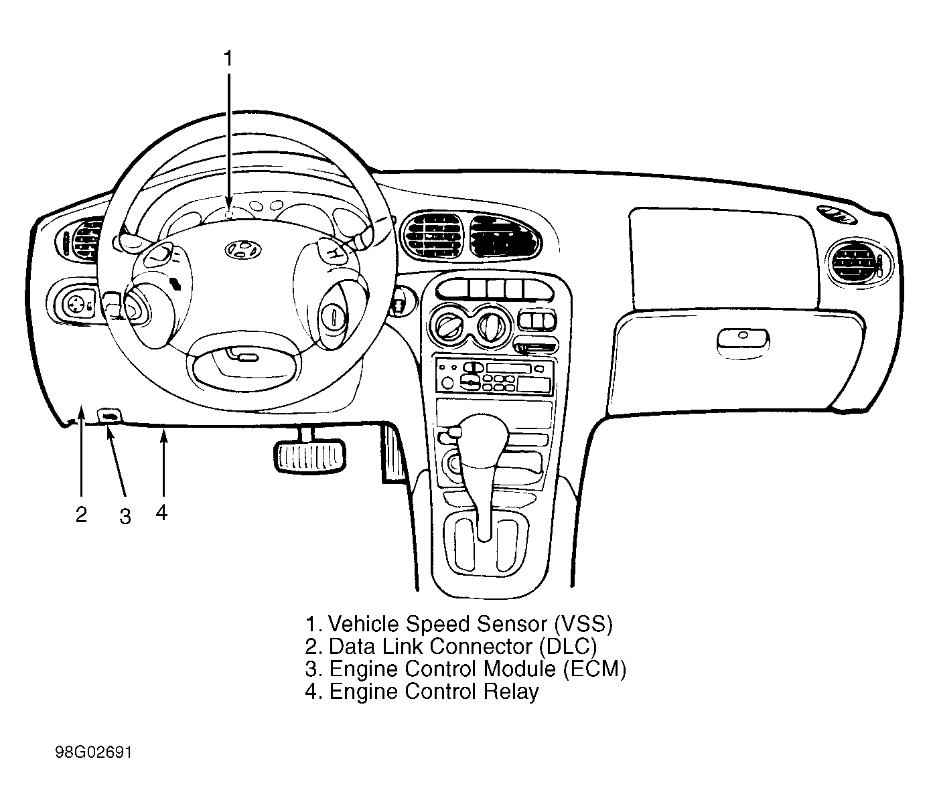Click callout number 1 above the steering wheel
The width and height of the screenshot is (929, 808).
pyautogui.click(x=228, y=58)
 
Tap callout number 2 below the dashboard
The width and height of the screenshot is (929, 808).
pyautogui.click(x=81, y=515)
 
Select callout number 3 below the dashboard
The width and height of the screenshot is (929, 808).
pyautogui.click(x=125, y=516)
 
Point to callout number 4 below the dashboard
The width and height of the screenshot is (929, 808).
pyautogui.click(x=161, y=512)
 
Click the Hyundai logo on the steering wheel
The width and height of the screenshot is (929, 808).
pyautogui.click(x=243, y=249)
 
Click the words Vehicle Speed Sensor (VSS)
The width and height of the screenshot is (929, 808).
pyautogui.click(x=470, y=624)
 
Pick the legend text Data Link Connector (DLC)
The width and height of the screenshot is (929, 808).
pyautogui.click(x=462, y=647)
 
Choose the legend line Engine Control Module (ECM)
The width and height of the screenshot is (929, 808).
pyautogui.click(x=478, y=669)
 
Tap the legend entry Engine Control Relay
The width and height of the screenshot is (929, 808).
pyautogui.click(x=434, y=692)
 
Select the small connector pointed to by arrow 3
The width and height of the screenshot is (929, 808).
pyautogui.click(x=110, y=416)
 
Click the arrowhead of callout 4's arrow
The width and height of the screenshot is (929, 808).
pyautogui.click(x=164, y=437)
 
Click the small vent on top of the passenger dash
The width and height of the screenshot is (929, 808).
pyautogui.click(x=837, y=215)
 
